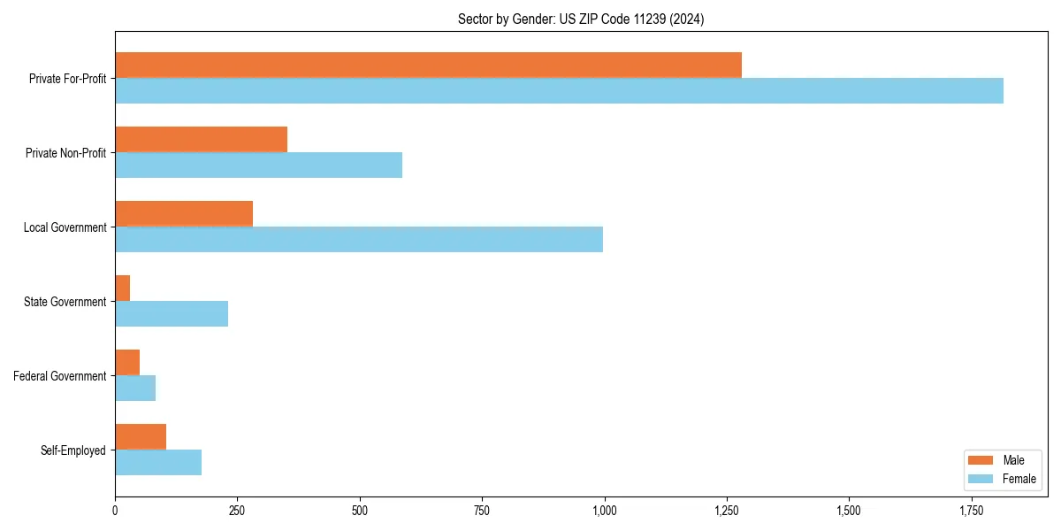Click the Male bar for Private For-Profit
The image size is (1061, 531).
428,65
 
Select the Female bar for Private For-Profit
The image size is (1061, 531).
559,90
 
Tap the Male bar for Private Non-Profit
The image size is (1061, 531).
201,139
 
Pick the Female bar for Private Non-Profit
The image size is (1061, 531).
258,165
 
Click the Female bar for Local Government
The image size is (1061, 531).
359,239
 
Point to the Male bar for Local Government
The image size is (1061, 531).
184,213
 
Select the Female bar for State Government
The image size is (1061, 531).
172,313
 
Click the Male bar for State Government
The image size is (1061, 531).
123,288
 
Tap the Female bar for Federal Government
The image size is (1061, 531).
135,388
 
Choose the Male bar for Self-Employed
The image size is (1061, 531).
141,436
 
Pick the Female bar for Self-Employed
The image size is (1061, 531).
158,462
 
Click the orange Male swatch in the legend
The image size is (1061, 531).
981,460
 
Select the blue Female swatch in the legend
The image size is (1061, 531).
981,479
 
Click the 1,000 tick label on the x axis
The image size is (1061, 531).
604,511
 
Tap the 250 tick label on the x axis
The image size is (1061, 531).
237,511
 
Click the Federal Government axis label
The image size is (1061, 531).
59,376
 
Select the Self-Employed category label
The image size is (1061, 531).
73,450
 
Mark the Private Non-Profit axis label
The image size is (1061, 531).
65,153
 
